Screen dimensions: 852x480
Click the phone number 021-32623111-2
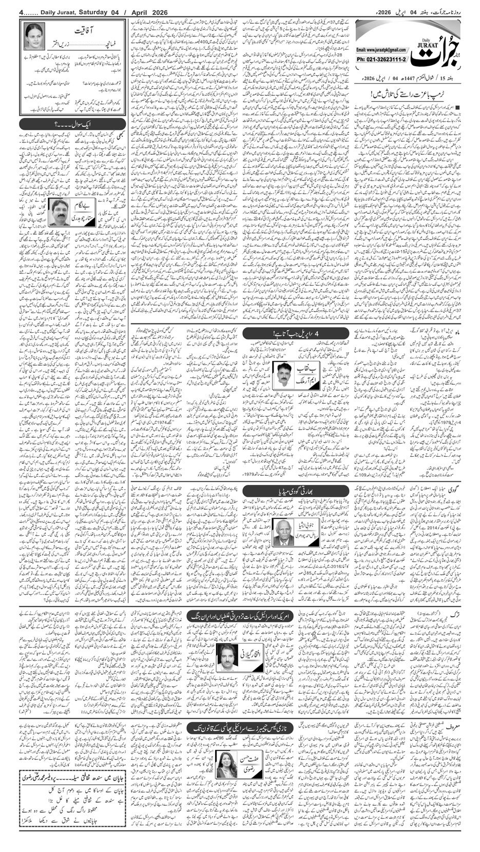click(380, 58)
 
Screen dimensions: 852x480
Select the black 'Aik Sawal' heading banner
click(72, 124)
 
